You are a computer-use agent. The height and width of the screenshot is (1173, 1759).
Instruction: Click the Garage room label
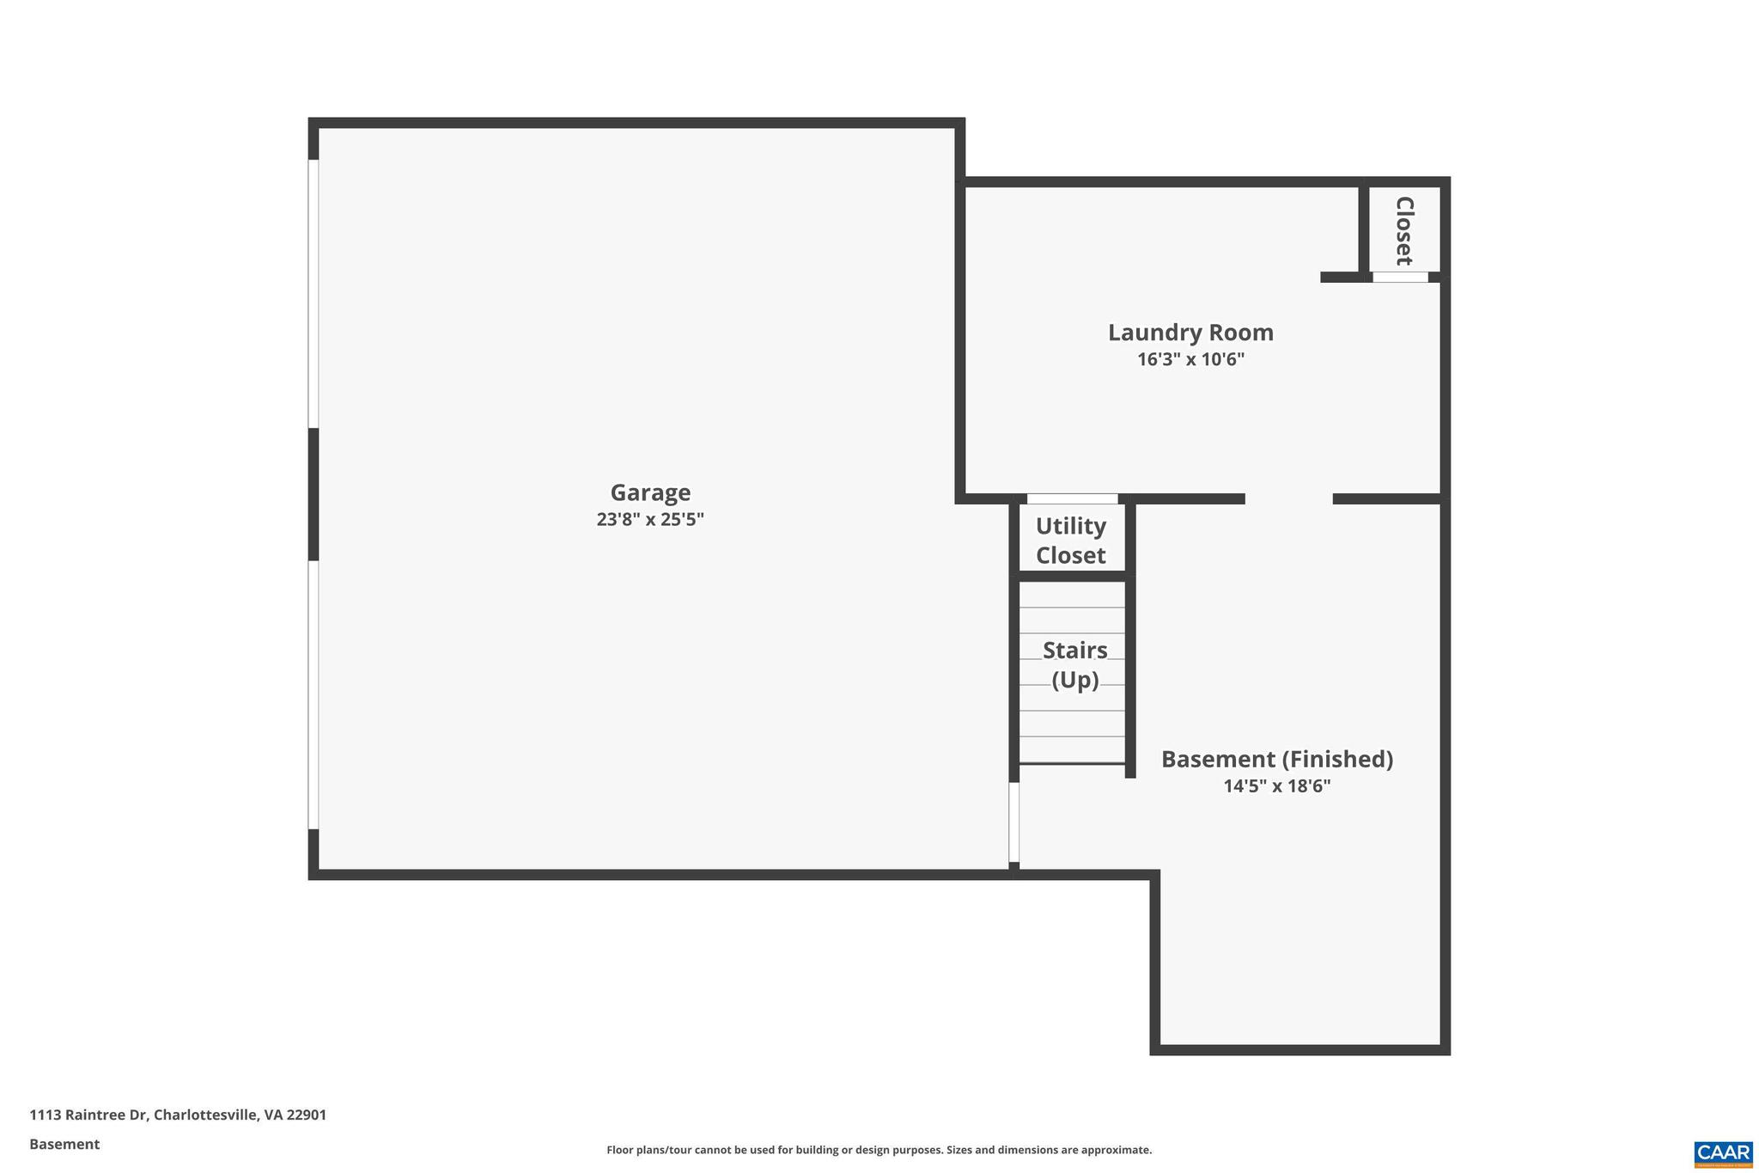coord(650,492)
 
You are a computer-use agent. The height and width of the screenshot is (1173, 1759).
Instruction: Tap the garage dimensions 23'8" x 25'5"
coord(650,519)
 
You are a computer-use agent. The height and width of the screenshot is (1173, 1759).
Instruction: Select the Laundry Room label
coord(1190,333)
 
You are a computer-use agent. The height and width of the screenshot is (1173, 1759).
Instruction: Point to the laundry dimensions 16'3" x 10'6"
coord(1190,359)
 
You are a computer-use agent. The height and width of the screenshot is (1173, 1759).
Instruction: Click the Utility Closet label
coord(1070,541)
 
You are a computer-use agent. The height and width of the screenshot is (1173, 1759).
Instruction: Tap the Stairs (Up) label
coord(1074,664)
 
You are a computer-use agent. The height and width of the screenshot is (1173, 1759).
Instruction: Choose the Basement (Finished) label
coord(1277,759)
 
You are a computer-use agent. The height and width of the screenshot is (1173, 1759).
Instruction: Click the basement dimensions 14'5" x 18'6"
coord(1277,785)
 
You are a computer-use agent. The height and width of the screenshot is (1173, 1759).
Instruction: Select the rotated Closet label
coord(1404,230)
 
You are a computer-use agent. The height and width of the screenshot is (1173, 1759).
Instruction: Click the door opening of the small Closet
coord(1400,277)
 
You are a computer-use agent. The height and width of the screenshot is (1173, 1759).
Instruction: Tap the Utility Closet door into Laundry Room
coord(1072,499)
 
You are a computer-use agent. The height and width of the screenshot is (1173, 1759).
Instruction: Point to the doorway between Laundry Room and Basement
coord(1288,499)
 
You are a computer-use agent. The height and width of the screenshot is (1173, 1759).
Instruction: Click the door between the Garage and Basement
coord(1013,822)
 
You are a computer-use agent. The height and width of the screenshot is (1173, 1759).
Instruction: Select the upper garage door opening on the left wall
coord(313,293)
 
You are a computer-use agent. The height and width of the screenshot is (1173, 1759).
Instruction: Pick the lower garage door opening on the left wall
coord(313,694)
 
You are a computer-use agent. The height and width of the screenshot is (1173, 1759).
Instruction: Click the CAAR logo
coord(1723,1154)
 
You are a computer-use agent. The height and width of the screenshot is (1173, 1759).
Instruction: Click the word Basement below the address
coord(64,1144)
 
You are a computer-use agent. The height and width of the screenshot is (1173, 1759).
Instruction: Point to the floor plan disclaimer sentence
coord(879,1150)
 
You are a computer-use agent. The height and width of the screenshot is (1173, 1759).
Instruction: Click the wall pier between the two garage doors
coord(313,494)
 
